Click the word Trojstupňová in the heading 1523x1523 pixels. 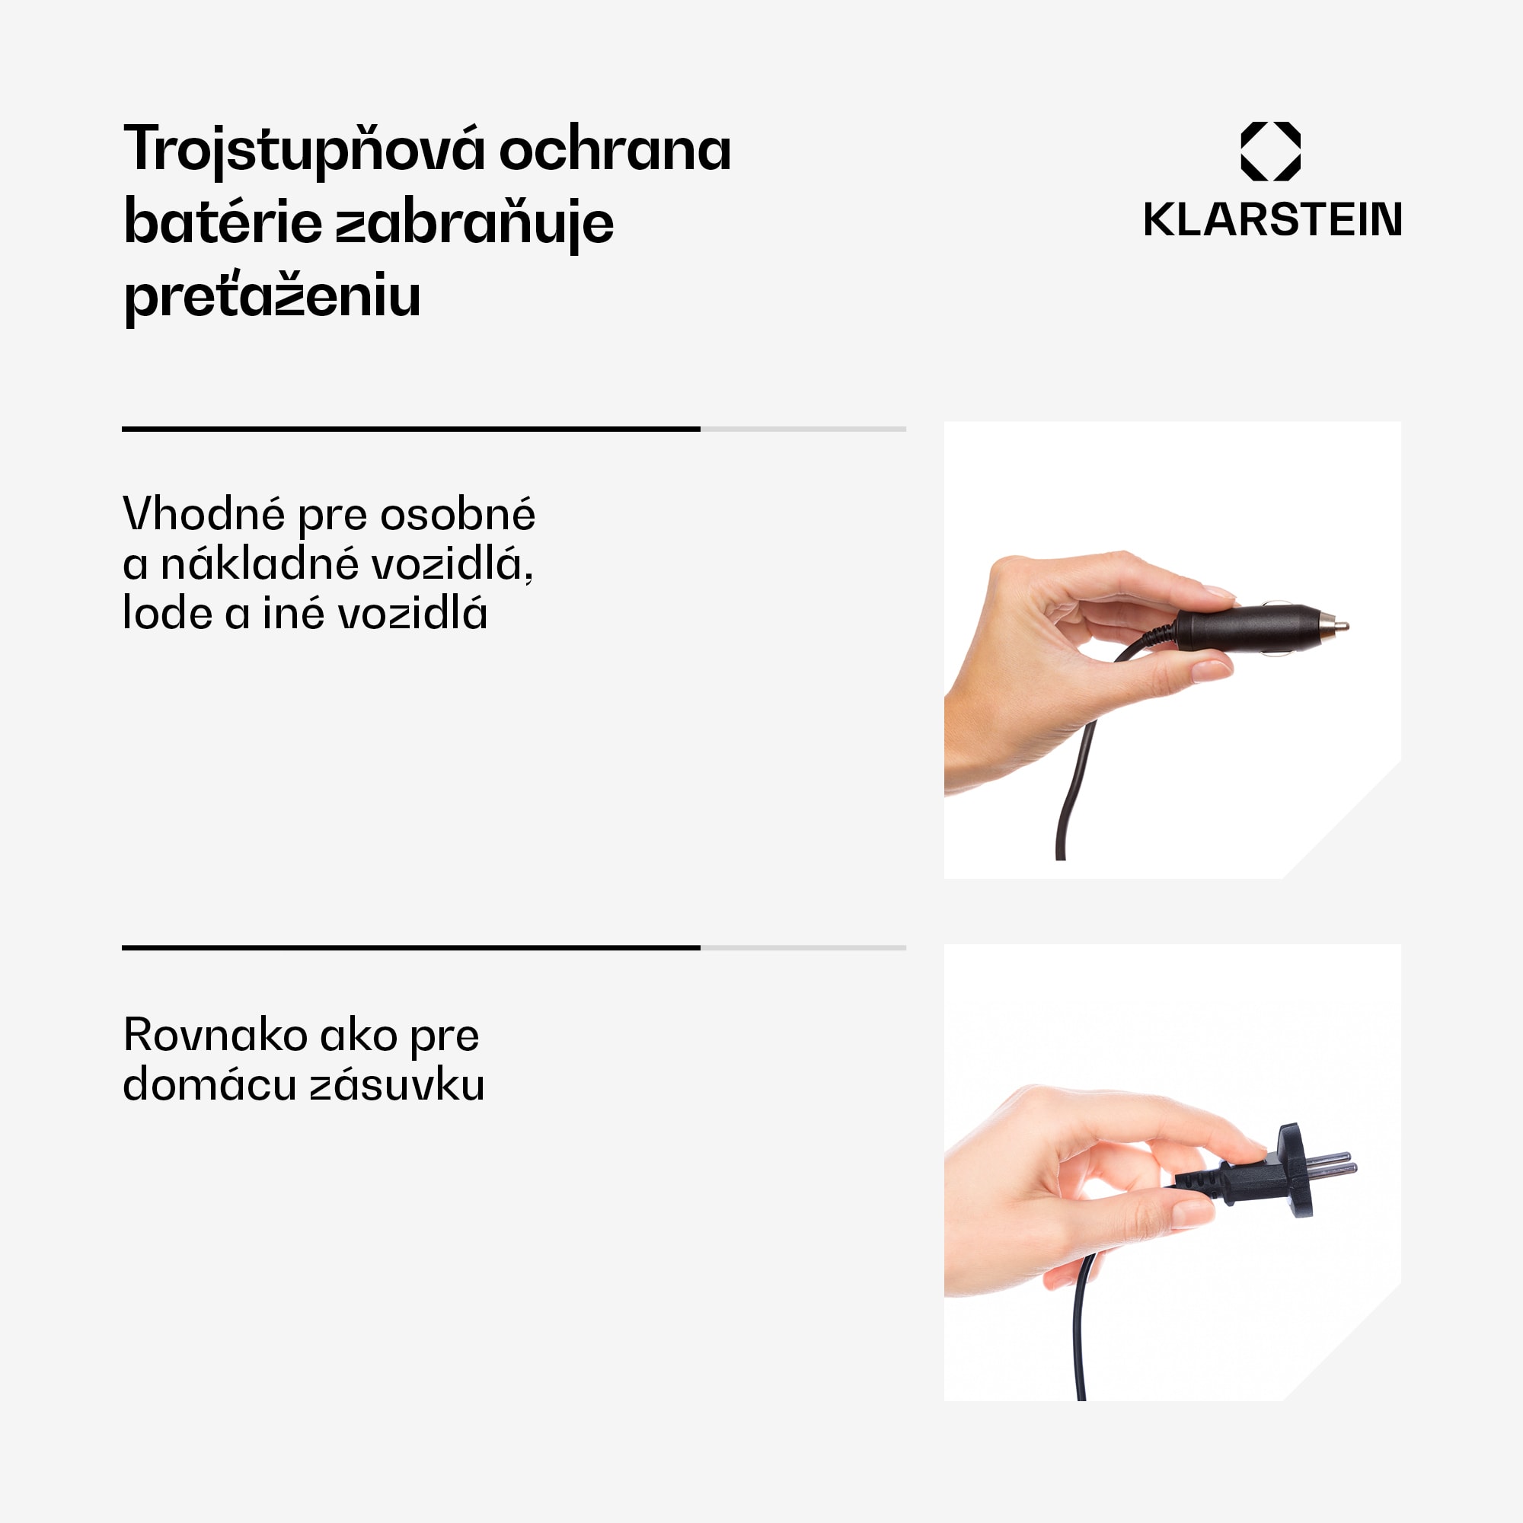(x=304, y=150)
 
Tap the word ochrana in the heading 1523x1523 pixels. (x=615, y=150)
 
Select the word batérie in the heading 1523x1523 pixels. (x=223, y=222)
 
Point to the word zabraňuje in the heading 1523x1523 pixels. (x=474, y=224)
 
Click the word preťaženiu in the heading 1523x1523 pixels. (x=272, y=296)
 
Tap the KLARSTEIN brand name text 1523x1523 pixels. (x=1272, y=219)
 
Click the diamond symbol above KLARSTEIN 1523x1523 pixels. (x=1271, y=152)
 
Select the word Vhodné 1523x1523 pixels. (x=203, y=514)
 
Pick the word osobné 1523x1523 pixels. (x=457, y=515)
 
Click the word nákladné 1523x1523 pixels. (x=261, y=564)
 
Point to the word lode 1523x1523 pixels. (x=168, y=613)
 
